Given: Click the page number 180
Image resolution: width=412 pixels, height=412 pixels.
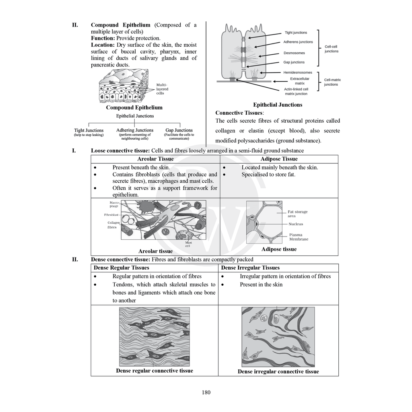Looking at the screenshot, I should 206,393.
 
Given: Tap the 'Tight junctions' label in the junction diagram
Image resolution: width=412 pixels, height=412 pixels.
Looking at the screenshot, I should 296,33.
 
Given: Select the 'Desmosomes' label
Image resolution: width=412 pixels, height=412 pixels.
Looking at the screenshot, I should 294,53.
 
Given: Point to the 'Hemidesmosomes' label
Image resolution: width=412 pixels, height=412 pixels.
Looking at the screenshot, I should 298,72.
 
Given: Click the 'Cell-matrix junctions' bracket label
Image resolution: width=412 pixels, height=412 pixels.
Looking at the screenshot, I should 331,82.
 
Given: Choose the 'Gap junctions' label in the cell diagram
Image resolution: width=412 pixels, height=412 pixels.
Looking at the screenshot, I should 294,62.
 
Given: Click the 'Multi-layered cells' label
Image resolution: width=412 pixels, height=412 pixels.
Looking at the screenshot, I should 162,89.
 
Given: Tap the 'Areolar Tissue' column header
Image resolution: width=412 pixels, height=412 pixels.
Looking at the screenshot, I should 155,159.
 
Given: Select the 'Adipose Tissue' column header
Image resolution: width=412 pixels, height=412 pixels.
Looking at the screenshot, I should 279,159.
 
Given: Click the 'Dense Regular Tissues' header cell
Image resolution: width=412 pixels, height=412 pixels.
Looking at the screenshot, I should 122,268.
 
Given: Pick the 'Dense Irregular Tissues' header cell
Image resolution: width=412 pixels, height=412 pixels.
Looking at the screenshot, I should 250,268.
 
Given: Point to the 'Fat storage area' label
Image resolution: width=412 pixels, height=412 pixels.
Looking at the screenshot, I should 297,214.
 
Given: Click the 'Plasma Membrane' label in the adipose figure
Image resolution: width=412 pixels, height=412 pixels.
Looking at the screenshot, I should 299,237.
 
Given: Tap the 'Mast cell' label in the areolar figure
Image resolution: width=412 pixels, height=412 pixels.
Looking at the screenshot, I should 188,244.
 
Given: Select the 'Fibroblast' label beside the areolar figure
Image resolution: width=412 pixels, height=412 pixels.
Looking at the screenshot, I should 110,215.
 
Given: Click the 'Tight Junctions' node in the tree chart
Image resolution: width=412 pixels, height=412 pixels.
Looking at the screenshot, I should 89,130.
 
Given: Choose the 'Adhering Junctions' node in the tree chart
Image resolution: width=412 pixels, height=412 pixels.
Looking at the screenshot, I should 135,130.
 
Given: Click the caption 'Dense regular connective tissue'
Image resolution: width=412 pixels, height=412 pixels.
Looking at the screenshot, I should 154,371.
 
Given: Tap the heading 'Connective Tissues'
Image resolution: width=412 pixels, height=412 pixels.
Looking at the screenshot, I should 239,113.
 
